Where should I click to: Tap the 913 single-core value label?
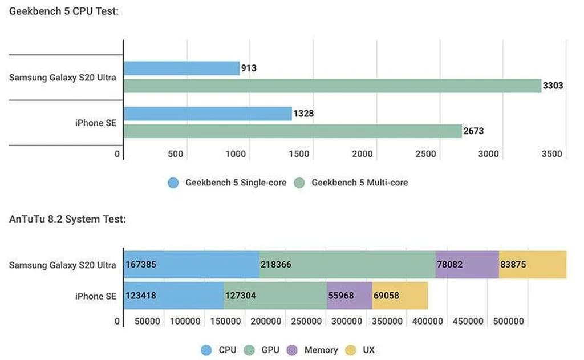tap(249, 68)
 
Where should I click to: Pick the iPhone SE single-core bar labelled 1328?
tap(208, 114)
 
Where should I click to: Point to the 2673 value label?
tap(473, 131)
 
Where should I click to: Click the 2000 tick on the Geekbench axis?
tap(362, 154)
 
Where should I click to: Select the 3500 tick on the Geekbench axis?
tap(551, 154)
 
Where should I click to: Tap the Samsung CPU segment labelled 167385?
tap(192, 265)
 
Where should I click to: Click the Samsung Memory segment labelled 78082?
tap(467, 265)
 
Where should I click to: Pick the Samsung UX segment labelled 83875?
tap(532, 265)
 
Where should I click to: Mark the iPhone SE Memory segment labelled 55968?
tap(349, 296)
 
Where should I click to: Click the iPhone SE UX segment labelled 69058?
tap(399, 296)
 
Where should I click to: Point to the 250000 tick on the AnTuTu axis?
tap(306, 321)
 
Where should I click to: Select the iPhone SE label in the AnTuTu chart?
tap(95, 296)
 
